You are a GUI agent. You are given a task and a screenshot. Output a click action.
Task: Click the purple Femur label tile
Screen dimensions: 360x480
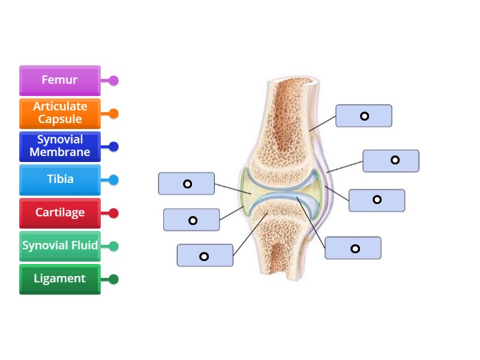[x=60, y=80]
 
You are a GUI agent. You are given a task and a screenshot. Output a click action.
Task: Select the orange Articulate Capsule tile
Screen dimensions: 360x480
[x=60, y=113]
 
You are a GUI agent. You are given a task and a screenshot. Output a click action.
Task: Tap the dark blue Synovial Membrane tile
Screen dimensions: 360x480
[x=60, y=146]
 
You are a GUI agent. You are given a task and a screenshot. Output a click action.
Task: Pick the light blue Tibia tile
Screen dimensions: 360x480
[x=60, y=179]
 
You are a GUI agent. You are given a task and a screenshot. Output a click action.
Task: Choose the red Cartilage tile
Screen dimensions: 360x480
[x=60, y=213]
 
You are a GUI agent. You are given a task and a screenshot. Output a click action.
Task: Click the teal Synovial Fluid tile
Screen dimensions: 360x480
[x=60, y=246]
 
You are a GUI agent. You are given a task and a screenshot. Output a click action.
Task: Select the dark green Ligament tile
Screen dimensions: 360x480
[x=60, y=279]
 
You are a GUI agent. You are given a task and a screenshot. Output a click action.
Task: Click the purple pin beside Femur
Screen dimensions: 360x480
[x=113, y=80]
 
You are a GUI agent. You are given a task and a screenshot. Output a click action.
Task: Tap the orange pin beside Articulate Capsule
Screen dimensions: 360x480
[x=113, y=113]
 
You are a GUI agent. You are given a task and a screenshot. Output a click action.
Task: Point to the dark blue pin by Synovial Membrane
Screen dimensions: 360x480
[x=113, y=146]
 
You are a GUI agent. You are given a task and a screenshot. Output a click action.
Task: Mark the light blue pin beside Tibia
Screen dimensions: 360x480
[x=113, y=179]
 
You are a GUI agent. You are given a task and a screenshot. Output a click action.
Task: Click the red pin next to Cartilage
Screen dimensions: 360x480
[x=113, y=213]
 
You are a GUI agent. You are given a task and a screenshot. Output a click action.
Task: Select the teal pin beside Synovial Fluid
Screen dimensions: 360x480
[x=113, y=246]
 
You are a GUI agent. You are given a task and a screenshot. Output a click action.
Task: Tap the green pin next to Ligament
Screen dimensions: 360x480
[x=113, y=279]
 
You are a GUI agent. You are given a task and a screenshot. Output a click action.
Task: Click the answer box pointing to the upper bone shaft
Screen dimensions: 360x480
[x=364, y=116]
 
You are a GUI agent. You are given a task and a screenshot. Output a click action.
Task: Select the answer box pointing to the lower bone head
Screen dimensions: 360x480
[x=205, y=256]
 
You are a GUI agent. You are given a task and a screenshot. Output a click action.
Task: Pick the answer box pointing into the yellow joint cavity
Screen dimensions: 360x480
[x=187, y=184]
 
